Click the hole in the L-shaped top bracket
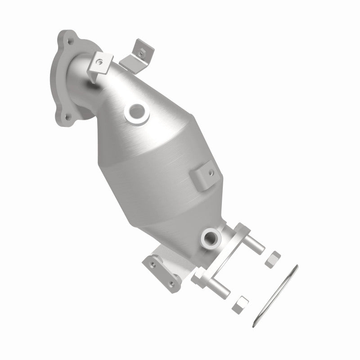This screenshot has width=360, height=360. pos(142,52)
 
